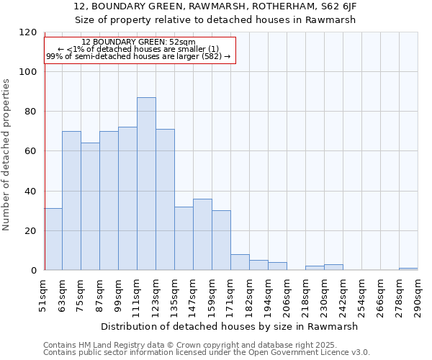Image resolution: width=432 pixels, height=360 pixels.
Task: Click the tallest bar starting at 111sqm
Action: point(146,184)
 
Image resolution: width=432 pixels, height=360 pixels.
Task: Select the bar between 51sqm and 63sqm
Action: point(53,239)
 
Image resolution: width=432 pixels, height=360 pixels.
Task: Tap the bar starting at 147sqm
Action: point(202,235)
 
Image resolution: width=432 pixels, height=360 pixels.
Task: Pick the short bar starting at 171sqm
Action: point(240,263)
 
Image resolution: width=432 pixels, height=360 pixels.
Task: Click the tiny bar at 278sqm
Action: point(408,269)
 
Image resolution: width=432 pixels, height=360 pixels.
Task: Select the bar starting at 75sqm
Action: point(90,207)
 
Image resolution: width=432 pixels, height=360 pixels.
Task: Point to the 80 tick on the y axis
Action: point(31,112)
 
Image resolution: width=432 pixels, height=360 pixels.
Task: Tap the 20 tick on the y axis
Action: point(31,231)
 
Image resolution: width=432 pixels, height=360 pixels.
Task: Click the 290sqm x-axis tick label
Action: point(418,295)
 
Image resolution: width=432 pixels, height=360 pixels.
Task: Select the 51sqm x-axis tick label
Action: point(44,295)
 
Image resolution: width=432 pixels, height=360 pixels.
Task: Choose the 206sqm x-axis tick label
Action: point(287,295)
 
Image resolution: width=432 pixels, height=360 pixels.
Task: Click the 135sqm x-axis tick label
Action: point(175,295)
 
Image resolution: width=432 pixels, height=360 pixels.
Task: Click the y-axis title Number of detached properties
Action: point(6,155)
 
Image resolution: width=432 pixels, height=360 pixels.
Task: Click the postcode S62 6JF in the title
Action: point(338,6)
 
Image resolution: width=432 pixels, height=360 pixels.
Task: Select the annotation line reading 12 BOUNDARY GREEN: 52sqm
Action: point(138,42)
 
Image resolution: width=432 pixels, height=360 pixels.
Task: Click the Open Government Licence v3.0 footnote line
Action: point(206,353)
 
